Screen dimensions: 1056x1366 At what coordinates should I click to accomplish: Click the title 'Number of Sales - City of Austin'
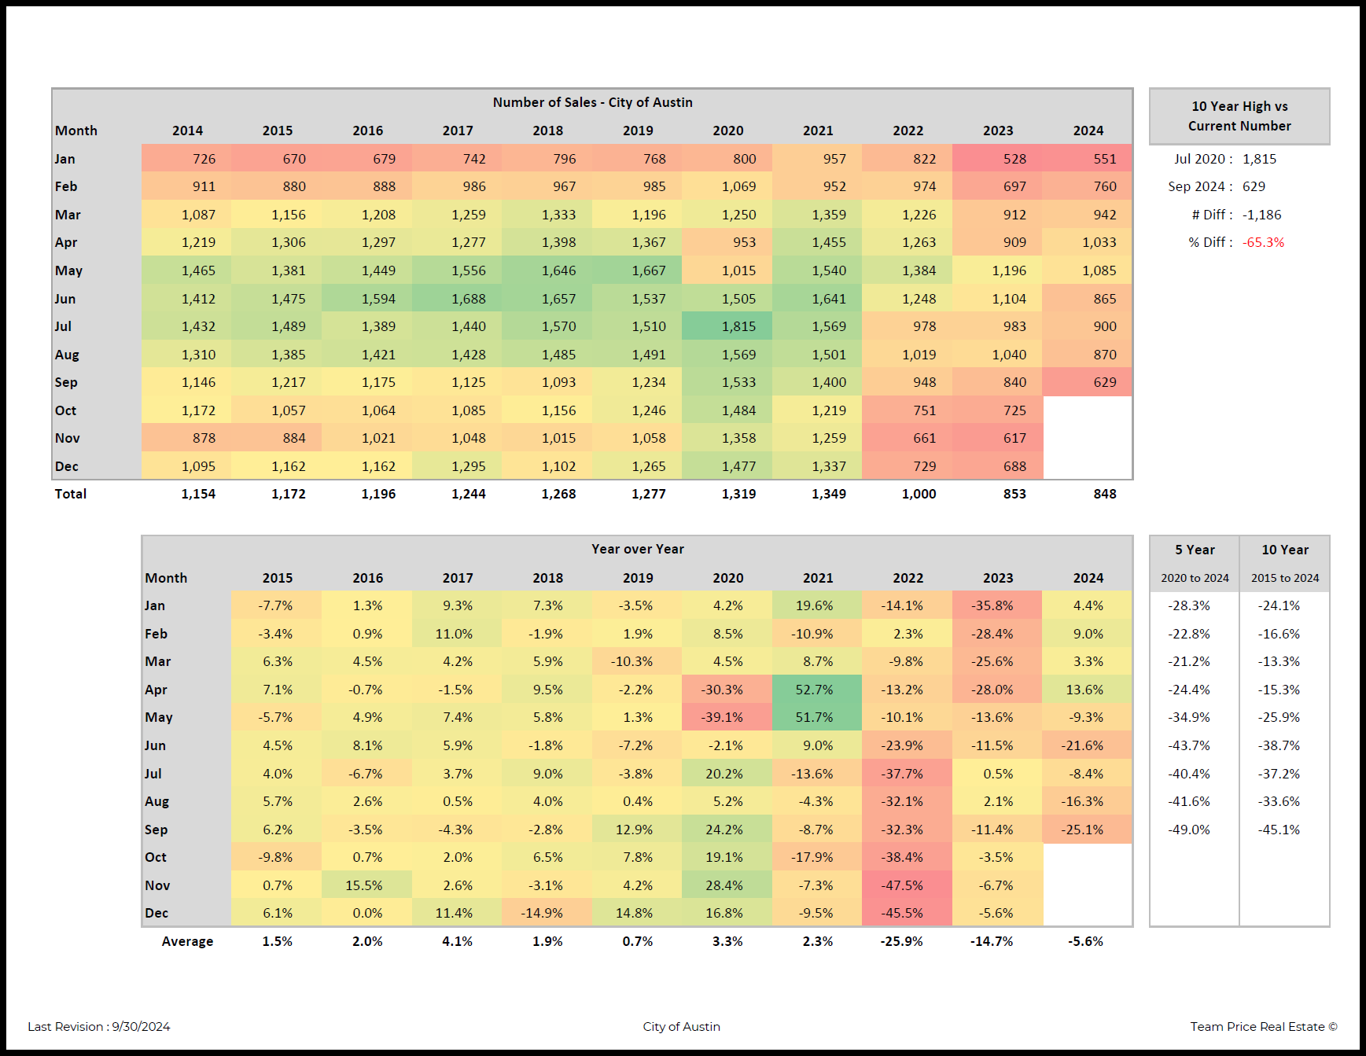(x=592, y=102)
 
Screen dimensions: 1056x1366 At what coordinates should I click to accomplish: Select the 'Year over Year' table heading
(x=637, y=549)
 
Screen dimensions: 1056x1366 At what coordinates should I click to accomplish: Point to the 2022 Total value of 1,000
(x=919, y=494)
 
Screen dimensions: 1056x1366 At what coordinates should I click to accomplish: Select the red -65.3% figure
(x=1263, y=242)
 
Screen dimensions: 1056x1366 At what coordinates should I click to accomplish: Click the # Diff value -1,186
(x=1261, y=215)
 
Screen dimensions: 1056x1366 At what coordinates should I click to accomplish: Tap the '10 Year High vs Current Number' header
(x=1239, y=116)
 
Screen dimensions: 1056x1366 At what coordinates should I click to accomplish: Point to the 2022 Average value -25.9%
(x=901, y=941)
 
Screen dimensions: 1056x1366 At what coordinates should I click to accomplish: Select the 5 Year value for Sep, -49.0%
(x=1189, y=830)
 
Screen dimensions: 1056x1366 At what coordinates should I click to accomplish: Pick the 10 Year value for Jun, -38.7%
(x=1279, y=745)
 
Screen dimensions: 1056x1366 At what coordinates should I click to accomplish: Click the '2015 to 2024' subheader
(x=1285, y=578)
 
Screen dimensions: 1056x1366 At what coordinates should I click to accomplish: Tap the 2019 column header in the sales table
(x=638, y=131)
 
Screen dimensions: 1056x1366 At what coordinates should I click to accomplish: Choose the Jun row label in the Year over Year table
(x=155, y=745)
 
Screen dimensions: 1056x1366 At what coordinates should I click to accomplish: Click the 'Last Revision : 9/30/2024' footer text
(x=99, y=1026)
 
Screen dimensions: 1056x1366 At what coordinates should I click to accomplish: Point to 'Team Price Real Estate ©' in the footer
(x=1263, y=1026)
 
